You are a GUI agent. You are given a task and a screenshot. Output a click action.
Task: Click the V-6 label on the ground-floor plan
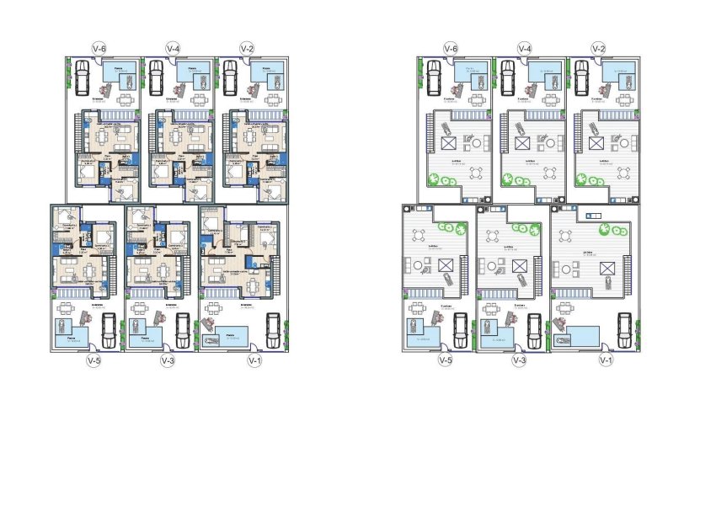point(99,49)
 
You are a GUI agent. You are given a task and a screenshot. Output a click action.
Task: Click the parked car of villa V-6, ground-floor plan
point(83,78)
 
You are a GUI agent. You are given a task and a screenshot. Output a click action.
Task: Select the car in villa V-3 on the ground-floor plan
point(182,332)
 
